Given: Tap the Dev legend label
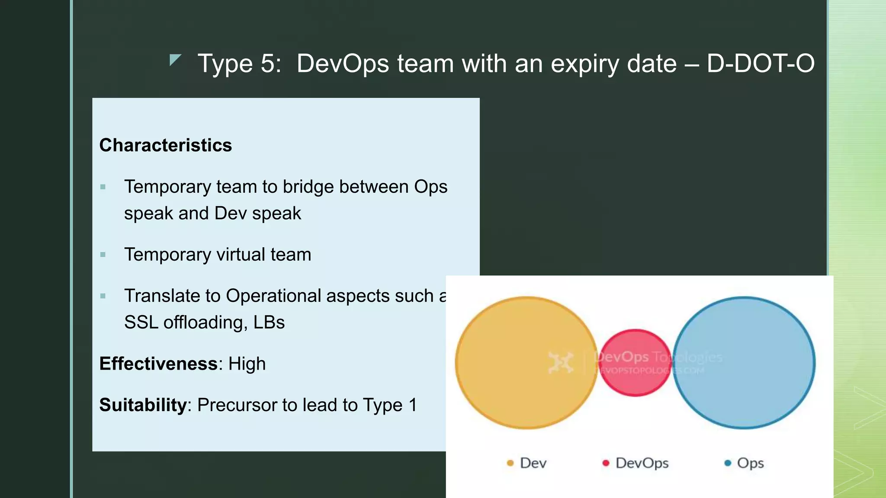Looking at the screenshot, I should click(533, 463).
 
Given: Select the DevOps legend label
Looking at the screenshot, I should click(642, 463).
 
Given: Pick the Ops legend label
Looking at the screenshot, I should click(750, 463).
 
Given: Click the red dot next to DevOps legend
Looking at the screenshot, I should click(606, 463).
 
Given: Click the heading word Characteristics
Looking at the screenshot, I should click(165, 145).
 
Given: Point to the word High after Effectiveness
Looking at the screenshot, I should click(247, 364).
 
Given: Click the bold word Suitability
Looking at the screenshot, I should click(143, 405).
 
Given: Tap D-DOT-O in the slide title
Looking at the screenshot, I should click(761, 63).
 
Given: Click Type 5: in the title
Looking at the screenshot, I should click(239, 63).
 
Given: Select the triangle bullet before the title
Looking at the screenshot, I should click(174, 60).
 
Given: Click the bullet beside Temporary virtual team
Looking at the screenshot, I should click(103, 255).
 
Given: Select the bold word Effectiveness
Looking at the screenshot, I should click(158, 364).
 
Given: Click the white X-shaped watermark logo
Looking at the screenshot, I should click(561, 362).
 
